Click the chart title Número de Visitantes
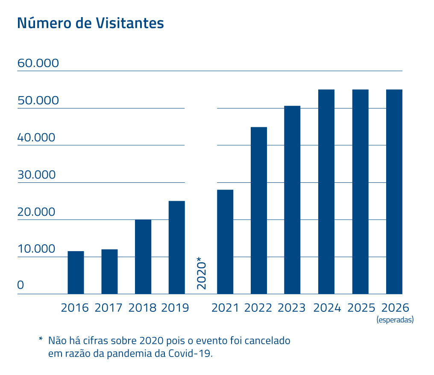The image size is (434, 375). [90, 23]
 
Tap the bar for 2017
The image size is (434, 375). [109, 272]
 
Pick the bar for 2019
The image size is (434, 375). [176, 247]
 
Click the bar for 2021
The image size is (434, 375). [225, 242]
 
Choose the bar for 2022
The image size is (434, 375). [259, 211]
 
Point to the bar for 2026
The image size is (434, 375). [394, 192]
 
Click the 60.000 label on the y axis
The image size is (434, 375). [38, 64]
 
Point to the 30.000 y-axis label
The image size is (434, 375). [37, 175]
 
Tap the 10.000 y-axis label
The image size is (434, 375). [37, 249]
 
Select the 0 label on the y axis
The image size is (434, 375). [21, 285]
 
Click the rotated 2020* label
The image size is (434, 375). [201, 273]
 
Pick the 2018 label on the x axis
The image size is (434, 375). [142, 308]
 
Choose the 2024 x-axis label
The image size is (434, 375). [327, 308]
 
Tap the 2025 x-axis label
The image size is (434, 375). [361, 308]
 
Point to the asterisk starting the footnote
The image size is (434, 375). [41, 340]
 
